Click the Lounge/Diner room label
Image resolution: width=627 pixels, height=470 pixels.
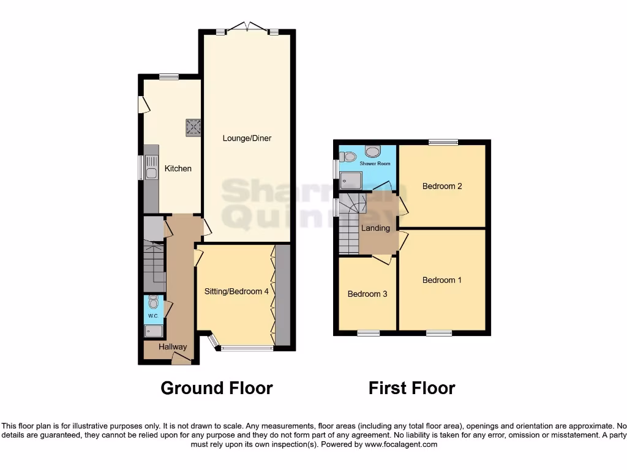tap(246, 138)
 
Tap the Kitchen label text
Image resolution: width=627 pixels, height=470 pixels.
tap(178, 168)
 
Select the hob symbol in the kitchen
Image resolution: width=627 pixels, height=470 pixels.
tap(193, 127)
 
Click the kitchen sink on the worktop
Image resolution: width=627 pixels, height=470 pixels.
tap(151, 167)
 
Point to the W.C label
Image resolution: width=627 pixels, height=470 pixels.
tap(153, 316)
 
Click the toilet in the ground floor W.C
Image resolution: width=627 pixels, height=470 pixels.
tap(153, 302)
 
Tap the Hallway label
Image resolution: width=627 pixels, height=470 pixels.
tap(173, 347)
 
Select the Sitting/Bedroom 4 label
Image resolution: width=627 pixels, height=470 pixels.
tap(236, 292)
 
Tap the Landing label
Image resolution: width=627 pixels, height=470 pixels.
tap(375, 228)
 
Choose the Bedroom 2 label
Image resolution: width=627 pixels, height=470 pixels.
tap(442, 186)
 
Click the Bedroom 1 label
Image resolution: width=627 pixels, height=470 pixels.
tap(442, 280)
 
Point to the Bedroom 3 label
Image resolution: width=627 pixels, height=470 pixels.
tap(367, 294)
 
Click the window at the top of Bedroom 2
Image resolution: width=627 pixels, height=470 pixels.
tap(443, 142)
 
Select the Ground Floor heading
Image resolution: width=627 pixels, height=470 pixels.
tap(216, 388)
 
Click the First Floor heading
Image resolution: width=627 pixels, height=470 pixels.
tap(411, 388)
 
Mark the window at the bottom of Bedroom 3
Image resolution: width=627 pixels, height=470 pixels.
tap(368, 333)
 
